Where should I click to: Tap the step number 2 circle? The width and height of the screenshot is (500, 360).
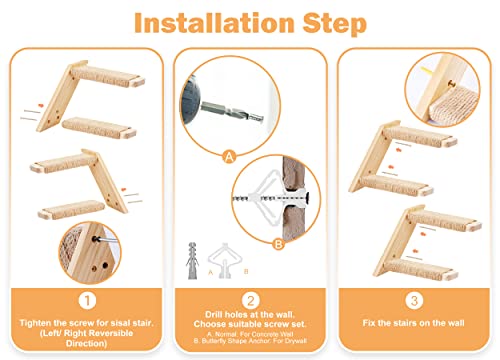[250, 297]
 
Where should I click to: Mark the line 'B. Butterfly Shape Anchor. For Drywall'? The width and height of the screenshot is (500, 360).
[250, 347]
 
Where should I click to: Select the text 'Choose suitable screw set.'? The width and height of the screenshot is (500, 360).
[250, 328]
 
